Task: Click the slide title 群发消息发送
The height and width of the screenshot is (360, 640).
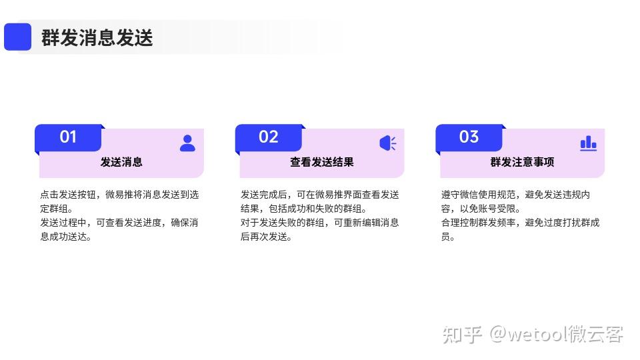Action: click(x=97, y=37)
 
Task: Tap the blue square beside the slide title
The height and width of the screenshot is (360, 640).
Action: click(x=18, y=37)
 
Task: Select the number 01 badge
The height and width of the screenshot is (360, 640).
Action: click(x=68, y=137)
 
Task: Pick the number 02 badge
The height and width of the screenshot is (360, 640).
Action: click(x=269, y=137)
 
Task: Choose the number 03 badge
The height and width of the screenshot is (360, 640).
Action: click(x=469, y=137)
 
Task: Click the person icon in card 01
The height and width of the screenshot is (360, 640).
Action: click(x=187, y=143)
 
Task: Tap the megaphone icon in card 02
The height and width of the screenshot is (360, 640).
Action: click(x=388, y=143)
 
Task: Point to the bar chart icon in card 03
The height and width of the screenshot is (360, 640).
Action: click(x=588, y=143)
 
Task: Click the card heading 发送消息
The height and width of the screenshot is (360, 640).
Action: click(x=121, y=162)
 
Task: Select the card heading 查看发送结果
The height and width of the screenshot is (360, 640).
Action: click(x=321, y=162)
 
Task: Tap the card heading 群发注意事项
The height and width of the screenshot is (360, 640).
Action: click(x=522, y=162)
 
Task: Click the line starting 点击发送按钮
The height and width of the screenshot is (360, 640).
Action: click(x=119, y=195)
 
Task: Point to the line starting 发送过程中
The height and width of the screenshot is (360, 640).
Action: click(x=119, y=223)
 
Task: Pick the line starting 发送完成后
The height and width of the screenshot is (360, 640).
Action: click(x=320, y=195)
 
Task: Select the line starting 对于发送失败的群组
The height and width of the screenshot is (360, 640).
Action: click(x=320, y=223)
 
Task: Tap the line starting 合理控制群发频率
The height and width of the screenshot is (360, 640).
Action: click(x=520, y=223)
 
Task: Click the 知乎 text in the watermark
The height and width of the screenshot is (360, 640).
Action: click(x=463, y=334)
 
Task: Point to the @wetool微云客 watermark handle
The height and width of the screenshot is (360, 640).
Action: click(x=557, y=334)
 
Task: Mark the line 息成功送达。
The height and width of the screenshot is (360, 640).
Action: click(x=66, y=237)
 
